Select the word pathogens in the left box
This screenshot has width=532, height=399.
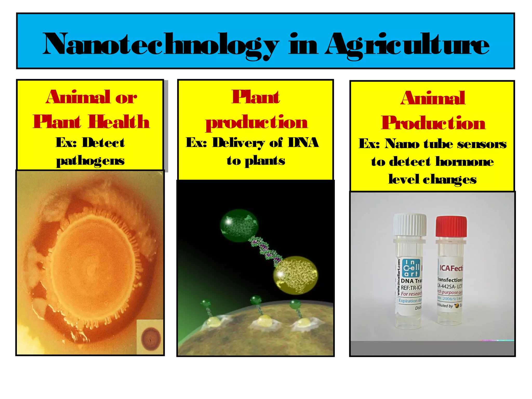(90, 161)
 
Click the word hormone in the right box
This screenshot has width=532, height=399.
(464, 162)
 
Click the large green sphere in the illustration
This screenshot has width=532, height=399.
(239, 225)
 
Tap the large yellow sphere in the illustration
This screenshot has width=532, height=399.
(296, 275)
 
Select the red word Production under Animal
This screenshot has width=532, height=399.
(433, 123)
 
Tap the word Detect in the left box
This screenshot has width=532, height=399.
(103, 143)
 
